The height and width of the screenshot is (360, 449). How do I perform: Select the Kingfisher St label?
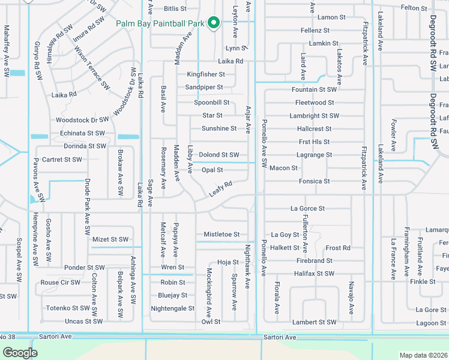pyautogui.click(x=205, y=74)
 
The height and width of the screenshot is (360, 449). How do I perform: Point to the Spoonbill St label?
pyautogui.click(x=211, y=103)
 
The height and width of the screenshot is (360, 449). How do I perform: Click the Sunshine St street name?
pyautogui.click(x=219, y=128)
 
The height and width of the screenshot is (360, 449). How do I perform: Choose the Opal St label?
pyautogui.click(x=212, y=170)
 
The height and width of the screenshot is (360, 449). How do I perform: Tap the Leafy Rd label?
pyautogui.click(x=220, y=188)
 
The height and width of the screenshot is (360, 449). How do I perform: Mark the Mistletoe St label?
pyautogui.click(x=221, y=235)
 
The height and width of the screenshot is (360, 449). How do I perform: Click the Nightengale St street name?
pyautogui.click(x=173, y=308)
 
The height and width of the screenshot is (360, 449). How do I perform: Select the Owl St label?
pyautogui.click(x=211, y=322)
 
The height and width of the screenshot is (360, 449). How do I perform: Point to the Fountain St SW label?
pyautogui.click(x=314, y=89)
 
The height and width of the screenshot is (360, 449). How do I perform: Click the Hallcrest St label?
pyautogui.click(x=314, y=129)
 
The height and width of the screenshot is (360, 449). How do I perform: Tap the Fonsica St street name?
pyautogui.click(x=314, y=181)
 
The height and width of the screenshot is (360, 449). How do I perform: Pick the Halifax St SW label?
pyautogui.click(x=314, y=274)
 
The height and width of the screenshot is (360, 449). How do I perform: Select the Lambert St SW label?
pyautogui.click(x=314, y=322)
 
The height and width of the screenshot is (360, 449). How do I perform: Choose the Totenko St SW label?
pyautogui.click(x=68, y=308)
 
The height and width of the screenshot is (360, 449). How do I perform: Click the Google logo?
pyautogui.click(x=20, y=353)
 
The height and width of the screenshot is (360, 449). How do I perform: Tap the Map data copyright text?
pyautogui.click(x=423, y=355)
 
